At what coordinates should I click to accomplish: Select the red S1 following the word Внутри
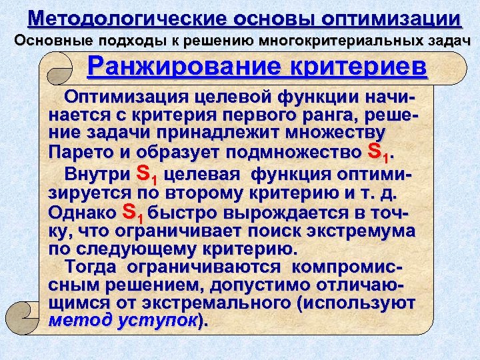click(x=147, y=174)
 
